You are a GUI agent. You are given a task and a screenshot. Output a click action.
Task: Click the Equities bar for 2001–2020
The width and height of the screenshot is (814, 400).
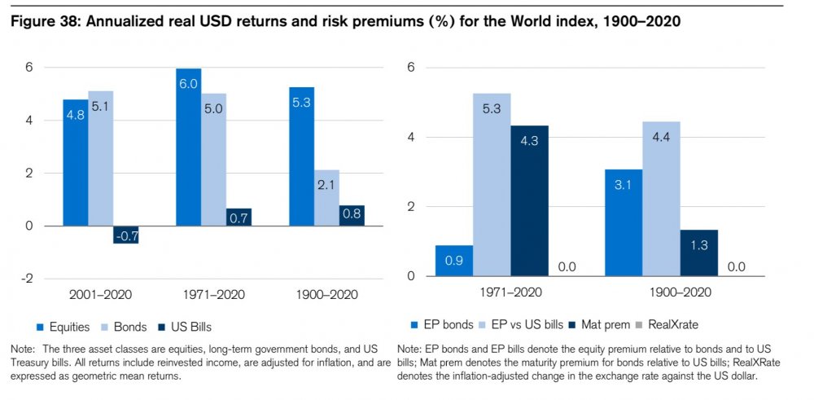75,162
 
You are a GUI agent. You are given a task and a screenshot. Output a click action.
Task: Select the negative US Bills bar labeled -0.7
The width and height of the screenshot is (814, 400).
126,235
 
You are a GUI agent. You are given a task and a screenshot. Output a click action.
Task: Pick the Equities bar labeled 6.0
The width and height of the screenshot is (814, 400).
188,147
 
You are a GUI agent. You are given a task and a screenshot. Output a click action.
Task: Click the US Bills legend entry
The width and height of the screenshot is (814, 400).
186,327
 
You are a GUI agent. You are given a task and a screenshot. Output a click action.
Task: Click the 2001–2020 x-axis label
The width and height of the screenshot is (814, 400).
100,292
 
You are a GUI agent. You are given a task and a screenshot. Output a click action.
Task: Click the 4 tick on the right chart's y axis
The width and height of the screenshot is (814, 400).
410,137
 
